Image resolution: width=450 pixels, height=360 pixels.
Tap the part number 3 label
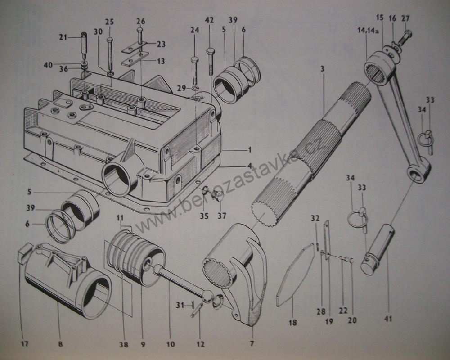(323, 68)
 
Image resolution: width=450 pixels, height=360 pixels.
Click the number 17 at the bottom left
(24, 344)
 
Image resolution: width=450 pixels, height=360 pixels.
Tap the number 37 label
(222, 216)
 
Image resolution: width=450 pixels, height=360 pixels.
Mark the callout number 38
(124, 345)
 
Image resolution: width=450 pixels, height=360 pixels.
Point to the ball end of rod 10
(207, 295)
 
